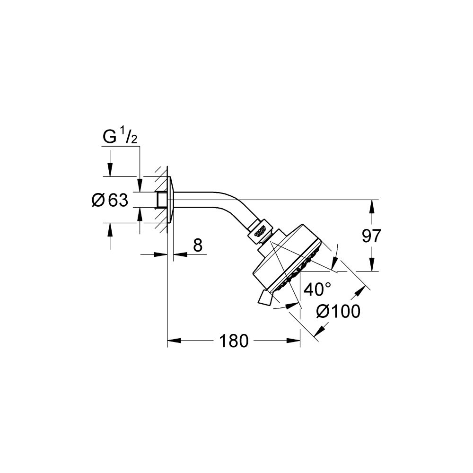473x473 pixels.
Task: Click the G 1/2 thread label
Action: pos(120,138)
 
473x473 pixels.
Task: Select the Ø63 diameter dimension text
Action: pos(110,201)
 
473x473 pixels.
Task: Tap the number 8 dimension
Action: pos(198,245)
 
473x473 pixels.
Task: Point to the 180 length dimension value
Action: pos(234,341)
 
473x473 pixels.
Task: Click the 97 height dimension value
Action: pos(371,236)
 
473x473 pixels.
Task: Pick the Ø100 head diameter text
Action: pos(338,311)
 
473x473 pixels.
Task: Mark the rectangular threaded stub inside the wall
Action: pos(162,200)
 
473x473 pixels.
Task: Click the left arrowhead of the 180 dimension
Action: pos(174,341)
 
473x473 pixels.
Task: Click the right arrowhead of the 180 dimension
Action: pos(294,341)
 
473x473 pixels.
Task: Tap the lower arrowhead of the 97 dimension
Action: pos(372,265)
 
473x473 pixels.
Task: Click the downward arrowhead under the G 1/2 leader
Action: pos(110,170)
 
